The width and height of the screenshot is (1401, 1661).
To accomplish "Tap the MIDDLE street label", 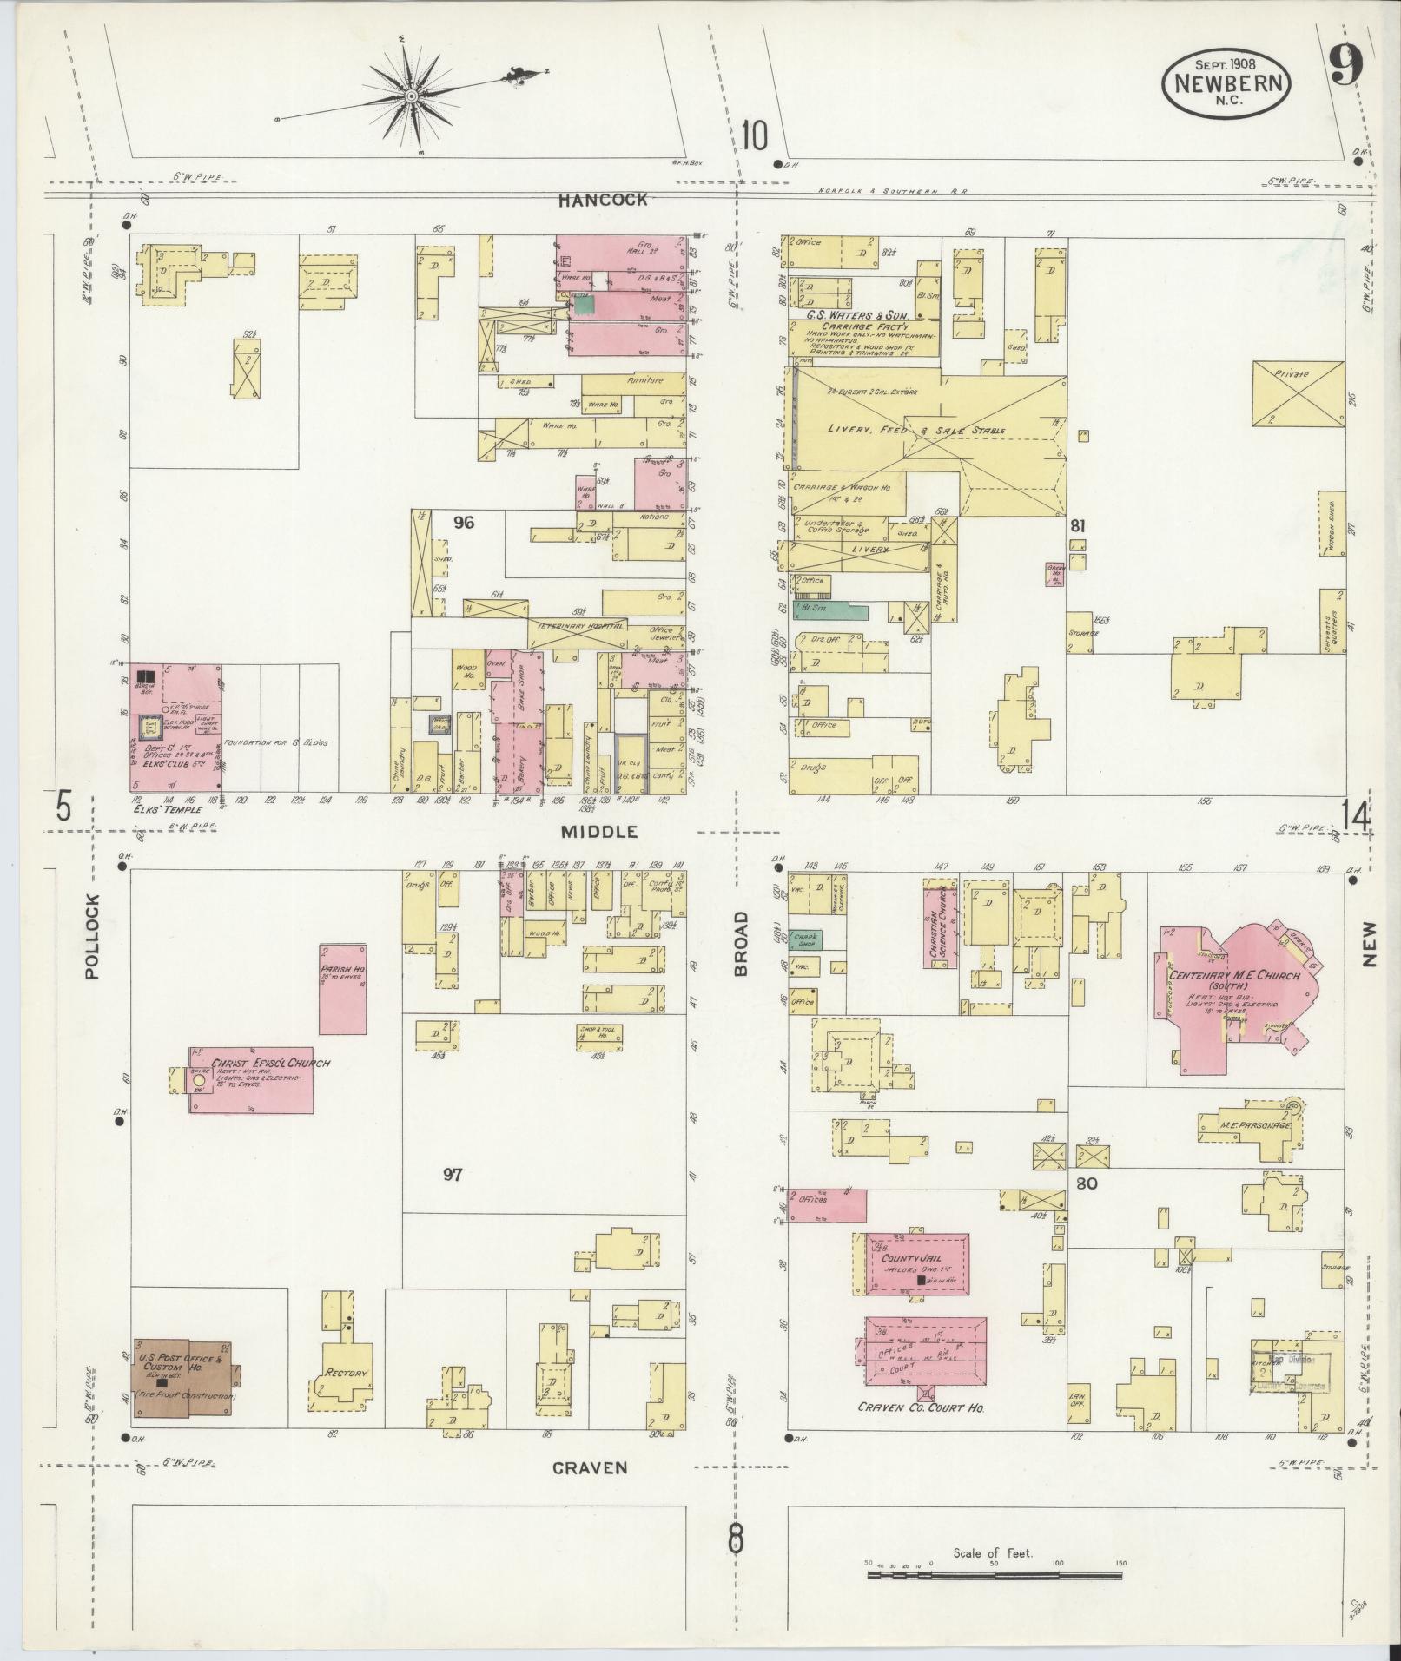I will (598, 832).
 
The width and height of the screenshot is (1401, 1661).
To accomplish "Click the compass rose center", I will (411, 93).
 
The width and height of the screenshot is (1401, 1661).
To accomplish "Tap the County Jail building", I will (916, 1264).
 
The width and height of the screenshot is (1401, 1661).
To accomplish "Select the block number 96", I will (465, 523).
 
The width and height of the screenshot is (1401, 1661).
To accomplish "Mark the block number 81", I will (1078, 525).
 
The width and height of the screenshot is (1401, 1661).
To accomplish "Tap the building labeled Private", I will (1298, 393).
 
